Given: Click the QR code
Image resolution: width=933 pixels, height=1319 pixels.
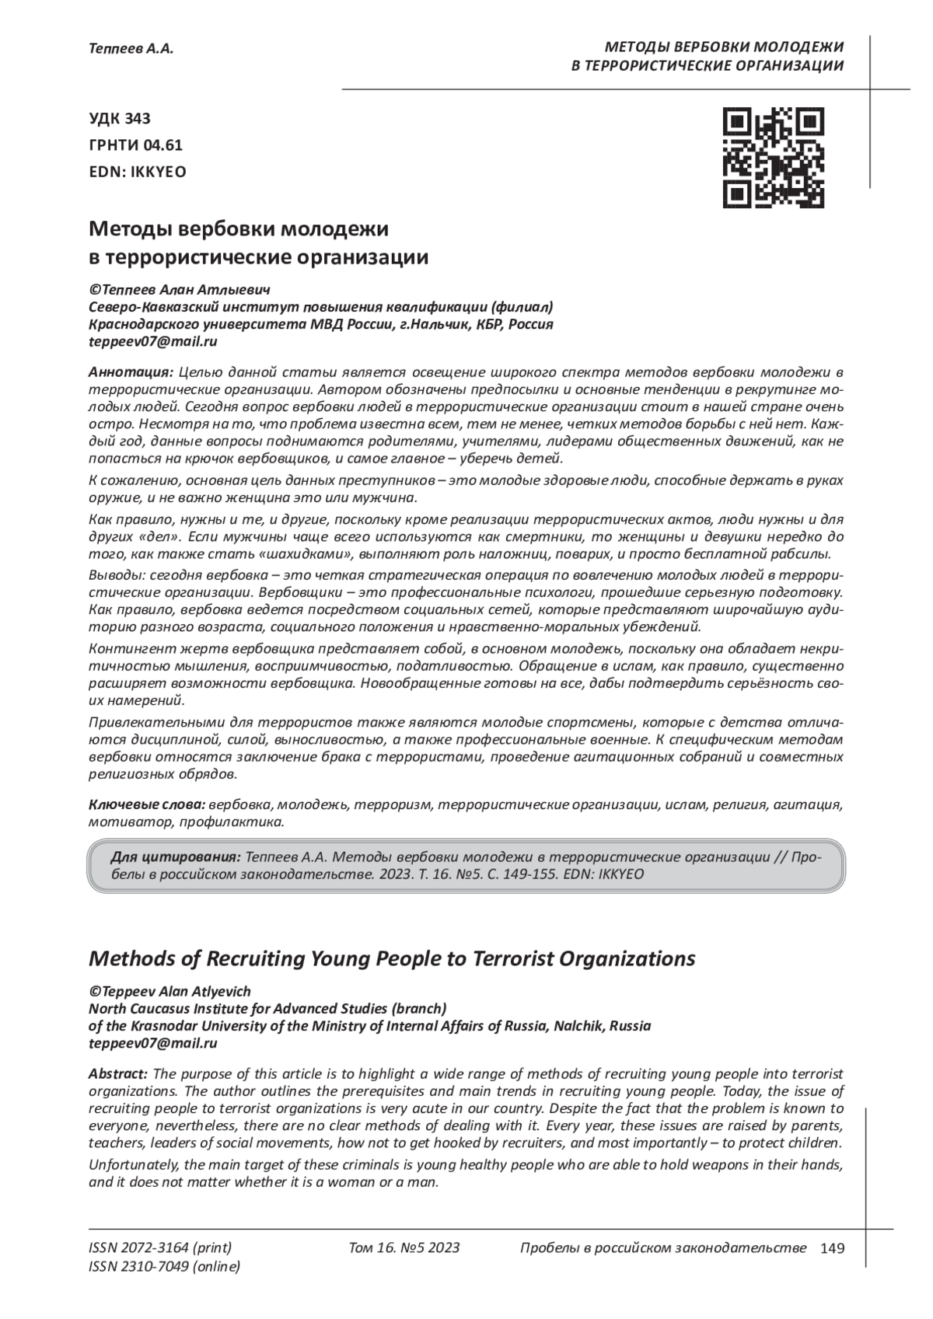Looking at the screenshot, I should point(774,158).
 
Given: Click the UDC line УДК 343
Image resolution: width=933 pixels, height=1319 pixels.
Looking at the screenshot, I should point(121,118).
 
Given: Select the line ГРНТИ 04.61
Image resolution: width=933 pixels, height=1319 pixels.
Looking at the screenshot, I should point(136,145).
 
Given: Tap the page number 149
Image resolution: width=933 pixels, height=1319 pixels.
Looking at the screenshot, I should point(832,1248).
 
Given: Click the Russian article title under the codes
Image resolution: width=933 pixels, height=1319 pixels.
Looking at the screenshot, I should point(259,243).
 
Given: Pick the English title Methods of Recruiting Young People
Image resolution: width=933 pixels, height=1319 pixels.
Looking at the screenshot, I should point(393,958).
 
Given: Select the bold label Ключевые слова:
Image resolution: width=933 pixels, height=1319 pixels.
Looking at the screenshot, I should point(147,804).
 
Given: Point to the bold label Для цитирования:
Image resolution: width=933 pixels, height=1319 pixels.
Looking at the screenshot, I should point(175,857).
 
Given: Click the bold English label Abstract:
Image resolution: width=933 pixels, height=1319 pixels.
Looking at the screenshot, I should point(118,1074).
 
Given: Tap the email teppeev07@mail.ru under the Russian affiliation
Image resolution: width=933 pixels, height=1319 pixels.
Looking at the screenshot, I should point(153,340).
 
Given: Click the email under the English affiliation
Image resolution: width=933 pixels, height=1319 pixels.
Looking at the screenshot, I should point(153,1043).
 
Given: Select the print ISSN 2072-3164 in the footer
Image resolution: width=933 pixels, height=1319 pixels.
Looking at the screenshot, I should point(161,1247).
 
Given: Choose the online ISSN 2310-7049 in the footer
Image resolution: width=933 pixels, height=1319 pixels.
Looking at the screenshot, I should point(165,1267).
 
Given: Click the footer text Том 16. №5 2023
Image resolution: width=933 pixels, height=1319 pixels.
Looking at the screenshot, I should point(404,1247).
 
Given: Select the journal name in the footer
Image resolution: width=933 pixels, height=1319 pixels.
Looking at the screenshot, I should point(662,1247).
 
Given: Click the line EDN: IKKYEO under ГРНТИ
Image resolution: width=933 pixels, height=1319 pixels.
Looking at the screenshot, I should point(138,172).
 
